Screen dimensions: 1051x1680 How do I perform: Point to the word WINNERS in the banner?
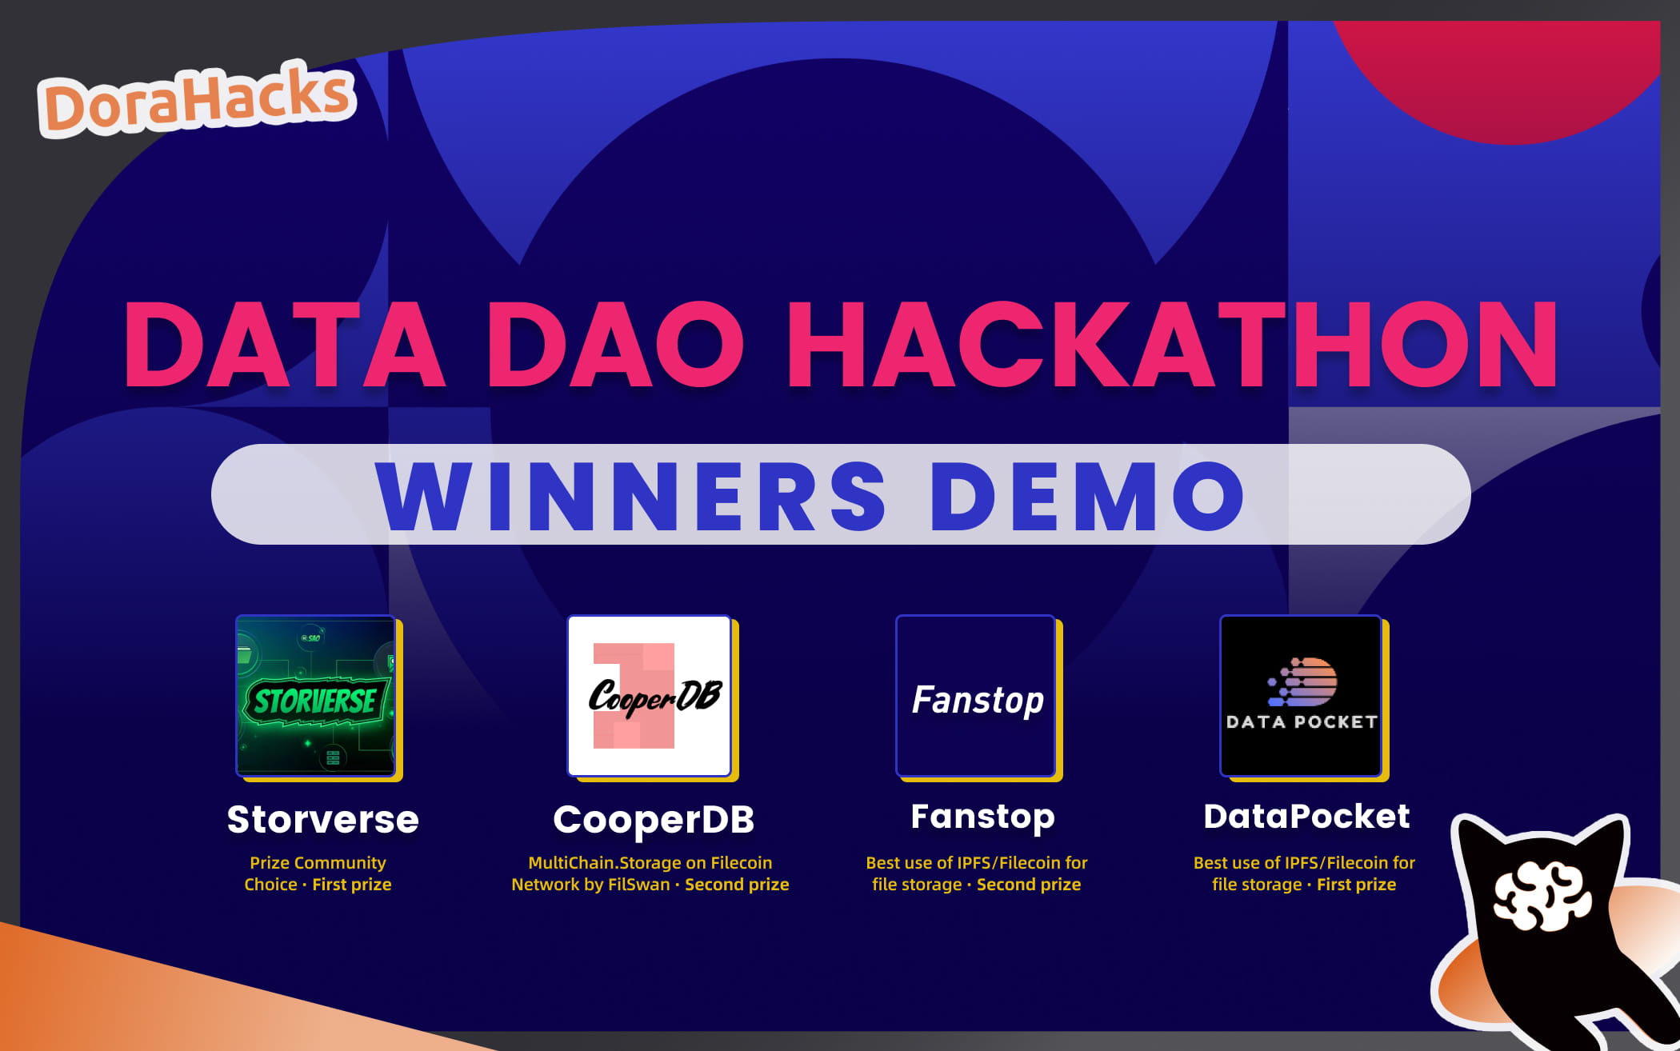point(632,496)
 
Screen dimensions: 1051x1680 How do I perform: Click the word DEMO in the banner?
point(1088,496)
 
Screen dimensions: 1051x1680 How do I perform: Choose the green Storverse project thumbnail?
point(317,696)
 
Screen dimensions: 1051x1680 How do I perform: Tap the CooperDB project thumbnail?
point(650,696)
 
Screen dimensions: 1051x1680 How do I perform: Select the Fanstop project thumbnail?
point(977,696)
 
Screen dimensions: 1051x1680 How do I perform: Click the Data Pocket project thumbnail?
point(1302,696)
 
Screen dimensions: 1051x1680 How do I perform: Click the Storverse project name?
point(322,819)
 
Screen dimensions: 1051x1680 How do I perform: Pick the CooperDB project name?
point(654,819)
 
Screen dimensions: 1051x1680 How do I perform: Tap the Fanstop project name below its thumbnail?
point(982,817)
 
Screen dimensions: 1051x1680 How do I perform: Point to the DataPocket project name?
point(1306,817)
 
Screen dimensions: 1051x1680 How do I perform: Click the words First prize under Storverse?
point(351,885)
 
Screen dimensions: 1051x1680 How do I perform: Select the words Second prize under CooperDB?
point(737,885)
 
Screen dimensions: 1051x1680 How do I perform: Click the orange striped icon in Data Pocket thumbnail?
point(1304,681)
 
